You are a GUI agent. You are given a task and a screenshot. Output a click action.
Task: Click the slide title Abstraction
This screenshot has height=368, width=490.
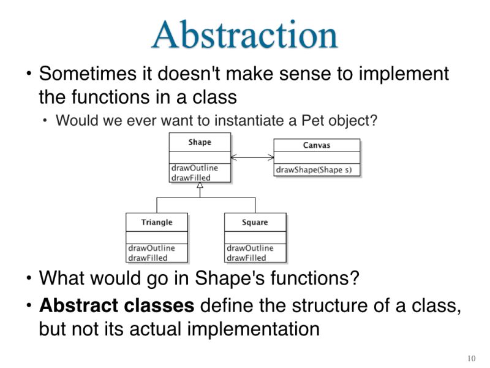coord(244,35)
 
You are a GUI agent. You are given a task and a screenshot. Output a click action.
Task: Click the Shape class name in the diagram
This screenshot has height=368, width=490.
coord(200,142)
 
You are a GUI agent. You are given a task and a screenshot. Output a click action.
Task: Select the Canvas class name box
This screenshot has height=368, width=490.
coord(317,145)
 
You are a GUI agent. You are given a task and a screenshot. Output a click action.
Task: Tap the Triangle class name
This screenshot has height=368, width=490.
coord(157,222)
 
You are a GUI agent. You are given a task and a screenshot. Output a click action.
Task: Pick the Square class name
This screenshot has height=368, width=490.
coord(255,222)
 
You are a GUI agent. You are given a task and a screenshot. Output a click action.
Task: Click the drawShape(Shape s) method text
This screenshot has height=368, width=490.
coord(314,170)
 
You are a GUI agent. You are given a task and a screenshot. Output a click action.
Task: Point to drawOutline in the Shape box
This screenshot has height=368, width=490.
coord(194,168)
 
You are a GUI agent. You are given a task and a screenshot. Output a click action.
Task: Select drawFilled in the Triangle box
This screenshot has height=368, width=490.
coord(147,258)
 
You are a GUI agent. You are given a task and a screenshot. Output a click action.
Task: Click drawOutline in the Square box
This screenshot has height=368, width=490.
coord(250,248)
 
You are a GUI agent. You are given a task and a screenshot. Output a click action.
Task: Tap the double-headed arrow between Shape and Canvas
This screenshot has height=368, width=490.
coord(252,158)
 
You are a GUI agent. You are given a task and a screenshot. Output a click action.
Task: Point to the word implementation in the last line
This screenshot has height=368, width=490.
coord(253,328)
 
